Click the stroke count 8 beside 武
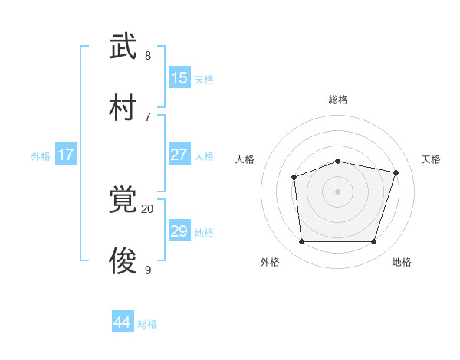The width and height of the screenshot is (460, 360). tap(148, 55)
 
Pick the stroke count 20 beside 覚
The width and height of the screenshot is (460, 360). tap(147, 208)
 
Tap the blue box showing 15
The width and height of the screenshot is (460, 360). tap(179, 78)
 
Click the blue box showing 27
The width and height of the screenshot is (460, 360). tap(179, 155)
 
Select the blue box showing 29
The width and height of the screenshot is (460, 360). tap(179, 231)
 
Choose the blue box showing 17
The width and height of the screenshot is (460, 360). tap(66, 155)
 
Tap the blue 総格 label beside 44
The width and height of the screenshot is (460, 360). tap(147, 324)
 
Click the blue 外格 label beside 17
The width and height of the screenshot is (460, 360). tap(41, 156)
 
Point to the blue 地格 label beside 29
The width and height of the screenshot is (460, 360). tap(204, 233)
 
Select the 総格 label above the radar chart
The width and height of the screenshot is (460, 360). tap(338, 100)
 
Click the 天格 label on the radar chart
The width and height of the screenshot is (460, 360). tap(431, 159)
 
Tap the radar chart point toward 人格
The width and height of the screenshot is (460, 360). tap(294, 178)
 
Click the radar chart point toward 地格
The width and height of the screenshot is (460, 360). tap(373, 242)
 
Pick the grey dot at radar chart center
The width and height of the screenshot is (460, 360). tap(337, 191)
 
